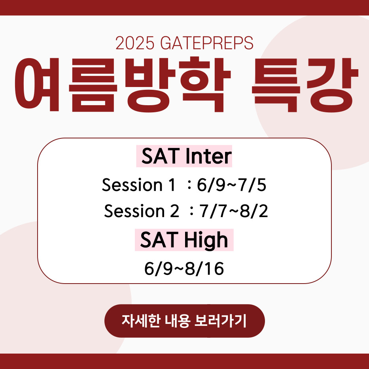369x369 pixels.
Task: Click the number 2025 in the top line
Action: (x=134, y=43)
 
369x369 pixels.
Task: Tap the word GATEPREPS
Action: (x=207, y=43)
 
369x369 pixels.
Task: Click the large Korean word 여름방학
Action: (x=123, y=85)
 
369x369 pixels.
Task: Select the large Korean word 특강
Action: (x=305, y=85)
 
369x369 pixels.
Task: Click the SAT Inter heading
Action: (x=184, y=156)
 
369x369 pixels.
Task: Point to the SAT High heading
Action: (x=184, y=240)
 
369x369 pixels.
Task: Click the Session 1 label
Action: (x=138, y=185)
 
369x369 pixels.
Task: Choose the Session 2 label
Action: (x=142, y=211)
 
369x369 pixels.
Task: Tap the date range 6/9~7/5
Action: (x=231, y=185)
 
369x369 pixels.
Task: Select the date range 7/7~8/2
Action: (x=233, y=211)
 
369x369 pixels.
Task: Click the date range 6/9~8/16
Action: (x=184, y=269)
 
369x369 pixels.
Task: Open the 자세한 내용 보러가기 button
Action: (x=184, y=321)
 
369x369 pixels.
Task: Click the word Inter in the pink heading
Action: (x=208, y=156)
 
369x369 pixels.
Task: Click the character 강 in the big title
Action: (x=332, y=85)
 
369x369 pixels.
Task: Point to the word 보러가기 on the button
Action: (x=220, y=321)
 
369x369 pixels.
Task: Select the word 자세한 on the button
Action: (x=141, y=321)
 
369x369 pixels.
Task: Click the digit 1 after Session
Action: (x=172, y=185)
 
